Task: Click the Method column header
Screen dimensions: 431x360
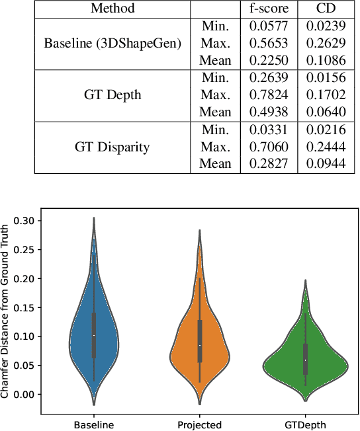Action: [x=112, y=9]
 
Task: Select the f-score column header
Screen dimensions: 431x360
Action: [x=268, y=9]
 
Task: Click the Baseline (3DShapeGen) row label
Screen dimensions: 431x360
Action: [x=112, y=44]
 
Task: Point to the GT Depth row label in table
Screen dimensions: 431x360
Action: [x=112, y=95]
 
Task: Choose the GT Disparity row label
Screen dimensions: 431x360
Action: [x=112, y=147]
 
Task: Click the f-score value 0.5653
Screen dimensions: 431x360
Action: [x=268, y=44]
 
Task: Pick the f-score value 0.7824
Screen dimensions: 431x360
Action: [x=268, y=95]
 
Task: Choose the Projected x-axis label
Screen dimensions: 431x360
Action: [x=200, y=424]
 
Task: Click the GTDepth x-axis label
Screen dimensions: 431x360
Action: [x=305, y=424]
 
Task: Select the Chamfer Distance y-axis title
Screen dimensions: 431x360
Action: [x=6, y=311]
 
